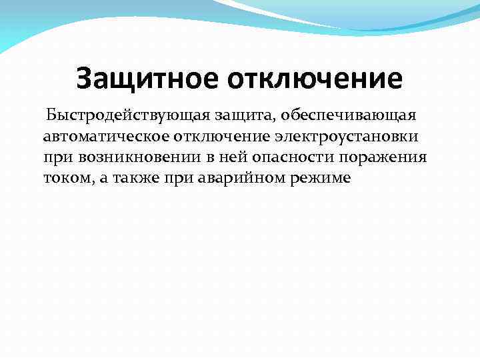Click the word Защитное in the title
[x=147, y=79]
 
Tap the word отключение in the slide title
[x=316, y=79]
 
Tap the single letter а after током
[x=97, y=180]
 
